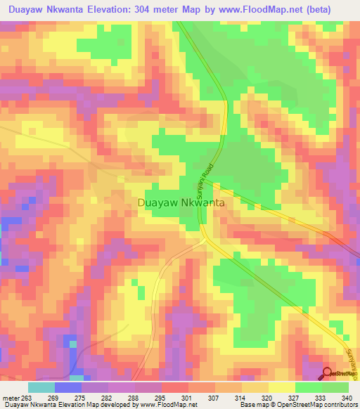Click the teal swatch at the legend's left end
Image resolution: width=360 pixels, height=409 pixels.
tap(41, 388)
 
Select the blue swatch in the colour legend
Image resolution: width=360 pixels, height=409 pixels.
tap(68, 388)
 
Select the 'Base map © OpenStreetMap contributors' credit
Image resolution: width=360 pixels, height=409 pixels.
tap(298, 405)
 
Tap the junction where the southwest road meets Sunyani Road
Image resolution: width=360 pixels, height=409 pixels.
tap(205, 238)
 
